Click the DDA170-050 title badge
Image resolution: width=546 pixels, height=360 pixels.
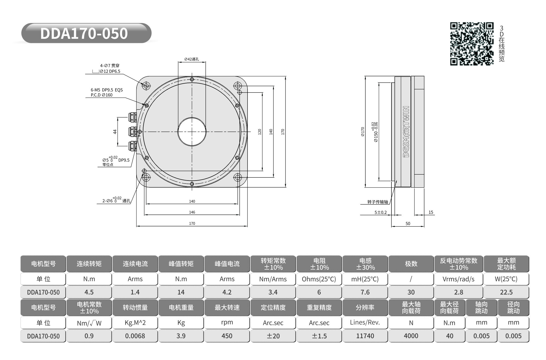point(86,33)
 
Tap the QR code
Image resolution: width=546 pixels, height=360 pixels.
point(472,44)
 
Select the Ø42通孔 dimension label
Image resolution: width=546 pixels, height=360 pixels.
point(192,59)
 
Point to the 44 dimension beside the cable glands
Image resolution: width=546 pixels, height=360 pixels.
point(115,132)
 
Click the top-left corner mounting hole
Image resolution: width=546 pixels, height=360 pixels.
point(146,86)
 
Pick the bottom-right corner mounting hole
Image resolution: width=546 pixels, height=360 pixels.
point(238,177)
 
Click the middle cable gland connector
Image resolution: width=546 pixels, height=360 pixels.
point(133,132)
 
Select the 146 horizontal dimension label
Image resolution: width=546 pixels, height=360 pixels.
point(192,212)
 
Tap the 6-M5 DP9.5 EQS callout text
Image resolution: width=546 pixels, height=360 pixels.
point(107,90)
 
